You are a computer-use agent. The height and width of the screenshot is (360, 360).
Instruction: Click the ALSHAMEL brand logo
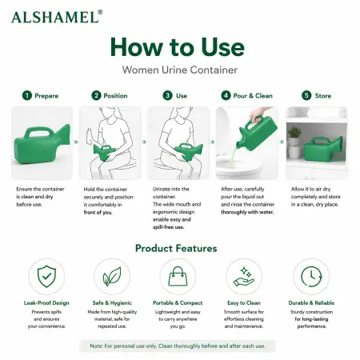pos(57,17)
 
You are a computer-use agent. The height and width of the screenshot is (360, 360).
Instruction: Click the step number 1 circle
pos(27,95)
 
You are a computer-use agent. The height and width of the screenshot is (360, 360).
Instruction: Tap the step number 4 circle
pos(226,95)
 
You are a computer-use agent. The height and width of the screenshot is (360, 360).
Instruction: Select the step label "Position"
pos(115,96)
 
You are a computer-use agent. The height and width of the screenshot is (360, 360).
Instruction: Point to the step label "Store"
pos(323,96)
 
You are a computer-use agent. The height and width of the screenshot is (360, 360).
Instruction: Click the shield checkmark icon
pos(46,276)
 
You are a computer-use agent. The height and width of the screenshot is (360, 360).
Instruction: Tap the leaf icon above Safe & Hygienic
pos(112,277)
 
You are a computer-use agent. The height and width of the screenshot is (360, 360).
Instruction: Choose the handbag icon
pos(178,276)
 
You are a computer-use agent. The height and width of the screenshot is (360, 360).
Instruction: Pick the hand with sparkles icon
pos(244,277)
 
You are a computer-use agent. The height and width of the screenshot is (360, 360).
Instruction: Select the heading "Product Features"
pos(176,248)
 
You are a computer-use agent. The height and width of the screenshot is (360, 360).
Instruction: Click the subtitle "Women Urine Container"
pos(180,70)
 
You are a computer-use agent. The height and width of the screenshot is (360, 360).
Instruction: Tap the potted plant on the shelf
pos(294,136)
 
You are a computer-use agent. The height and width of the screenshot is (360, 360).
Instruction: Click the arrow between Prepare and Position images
pos(76,142)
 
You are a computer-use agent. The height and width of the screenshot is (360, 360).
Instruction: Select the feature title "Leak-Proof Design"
pos(46,303)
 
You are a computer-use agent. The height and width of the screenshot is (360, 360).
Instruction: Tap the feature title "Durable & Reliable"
pos(311,303)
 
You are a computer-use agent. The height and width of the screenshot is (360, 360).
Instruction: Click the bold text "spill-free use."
pos(168,227)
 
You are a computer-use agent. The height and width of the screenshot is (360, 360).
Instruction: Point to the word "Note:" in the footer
pos(96,346)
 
